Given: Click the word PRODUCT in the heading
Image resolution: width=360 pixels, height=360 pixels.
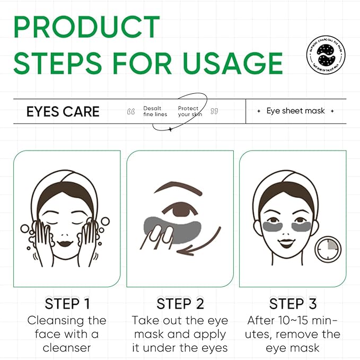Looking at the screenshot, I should click(x=86, y=27).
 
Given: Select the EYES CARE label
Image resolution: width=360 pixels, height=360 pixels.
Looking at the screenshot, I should click(x=63, y=111).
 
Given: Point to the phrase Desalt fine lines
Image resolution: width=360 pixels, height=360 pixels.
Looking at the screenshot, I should click(x=155, y=111).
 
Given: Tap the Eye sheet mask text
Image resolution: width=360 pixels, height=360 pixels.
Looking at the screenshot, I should click(x=295, y=111).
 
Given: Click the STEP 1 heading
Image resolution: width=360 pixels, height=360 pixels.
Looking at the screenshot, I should click(x=67, y=304).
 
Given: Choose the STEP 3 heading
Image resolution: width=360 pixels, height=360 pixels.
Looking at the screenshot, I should click(x=293, y=304).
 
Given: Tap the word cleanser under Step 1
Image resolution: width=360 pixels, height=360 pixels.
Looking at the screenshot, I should click(x=67, y=348).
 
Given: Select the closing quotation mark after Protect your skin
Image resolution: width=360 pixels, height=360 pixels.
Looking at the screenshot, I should click(x=214, y=112).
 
